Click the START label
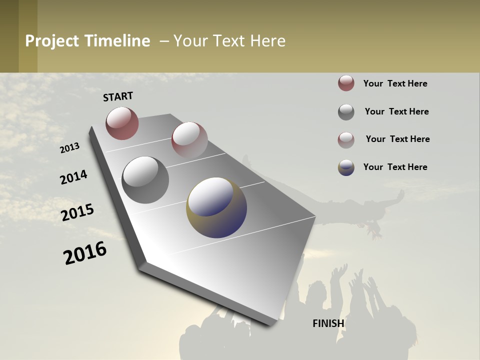118,96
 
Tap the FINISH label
328,323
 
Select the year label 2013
69,148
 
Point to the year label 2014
73,177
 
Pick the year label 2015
77,212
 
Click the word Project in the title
52,41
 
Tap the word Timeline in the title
117,41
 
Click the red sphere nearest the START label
122,123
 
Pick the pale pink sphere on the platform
189,140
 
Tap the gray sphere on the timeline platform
145,179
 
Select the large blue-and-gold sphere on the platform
216,207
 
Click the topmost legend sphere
346,83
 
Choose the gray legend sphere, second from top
346,112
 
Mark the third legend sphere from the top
346,140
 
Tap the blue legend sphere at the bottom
346,167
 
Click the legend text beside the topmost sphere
395,83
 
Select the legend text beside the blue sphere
395,167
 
